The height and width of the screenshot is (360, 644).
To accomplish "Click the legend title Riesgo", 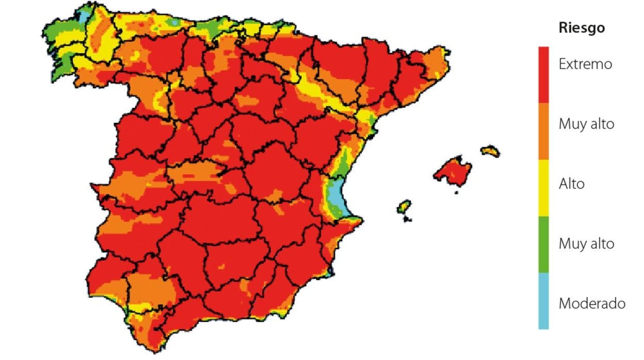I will (x=582, y=28).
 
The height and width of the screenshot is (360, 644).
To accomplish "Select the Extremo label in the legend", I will (x=585, y=64).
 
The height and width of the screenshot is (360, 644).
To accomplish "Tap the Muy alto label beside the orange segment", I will (x=586, y=124).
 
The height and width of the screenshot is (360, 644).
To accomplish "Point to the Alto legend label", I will (x=572, y=184).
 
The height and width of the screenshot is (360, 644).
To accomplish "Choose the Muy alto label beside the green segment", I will (x=586, y=243).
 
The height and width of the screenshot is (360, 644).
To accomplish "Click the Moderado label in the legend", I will (x=592, y=303).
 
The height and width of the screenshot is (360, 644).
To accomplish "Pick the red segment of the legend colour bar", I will (x=543, y=75).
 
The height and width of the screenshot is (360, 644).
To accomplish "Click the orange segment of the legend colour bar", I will (x=543, y=131).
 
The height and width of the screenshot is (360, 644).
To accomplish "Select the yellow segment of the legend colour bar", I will (x=543, y=188).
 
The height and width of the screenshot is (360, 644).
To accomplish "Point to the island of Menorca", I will (x=490, y=151).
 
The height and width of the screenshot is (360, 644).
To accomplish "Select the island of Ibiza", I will (x=404, y=207).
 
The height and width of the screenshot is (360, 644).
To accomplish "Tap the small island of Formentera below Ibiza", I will (x=407, y=219).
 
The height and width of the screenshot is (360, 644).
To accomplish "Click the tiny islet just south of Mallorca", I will (x=456, y=192).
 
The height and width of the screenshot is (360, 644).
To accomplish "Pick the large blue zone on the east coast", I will (x=336, y=193).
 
